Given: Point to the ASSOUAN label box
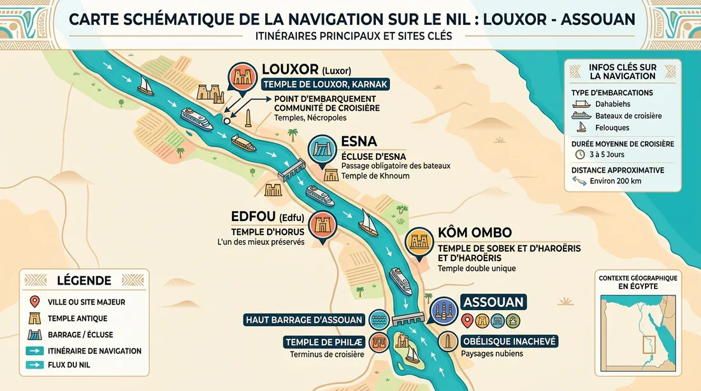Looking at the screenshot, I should (x=493, y=302).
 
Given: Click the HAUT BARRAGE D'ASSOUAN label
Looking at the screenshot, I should (x=303, y=320).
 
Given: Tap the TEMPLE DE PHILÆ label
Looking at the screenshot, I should (x=324, y=342).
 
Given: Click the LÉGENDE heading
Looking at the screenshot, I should (x=84, y=280).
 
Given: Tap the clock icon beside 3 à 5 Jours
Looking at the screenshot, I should (x=579, y=154).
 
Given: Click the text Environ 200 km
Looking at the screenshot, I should (x=616, y=181).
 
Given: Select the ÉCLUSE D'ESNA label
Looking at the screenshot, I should (x=373, y=157).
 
